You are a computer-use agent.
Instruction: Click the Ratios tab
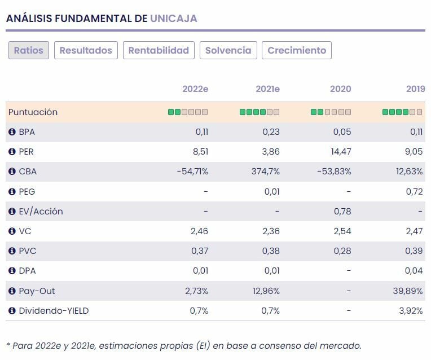29,50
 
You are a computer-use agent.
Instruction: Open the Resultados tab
86,50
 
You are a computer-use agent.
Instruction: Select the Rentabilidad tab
159,50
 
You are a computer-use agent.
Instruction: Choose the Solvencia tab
228,50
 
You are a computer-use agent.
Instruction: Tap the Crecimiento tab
297,50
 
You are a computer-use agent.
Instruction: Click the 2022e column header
195,89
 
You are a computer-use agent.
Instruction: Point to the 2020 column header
340,89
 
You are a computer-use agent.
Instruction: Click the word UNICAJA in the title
174,19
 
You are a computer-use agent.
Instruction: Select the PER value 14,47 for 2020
340,152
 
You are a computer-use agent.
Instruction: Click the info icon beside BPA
12,132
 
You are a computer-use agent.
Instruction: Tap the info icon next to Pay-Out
12,291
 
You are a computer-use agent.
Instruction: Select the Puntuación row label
33,112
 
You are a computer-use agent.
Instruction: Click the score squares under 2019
402,112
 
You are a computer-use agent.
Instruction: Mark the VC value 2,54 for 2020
342,231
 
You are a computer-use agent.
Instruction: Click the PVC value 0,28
342,251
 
